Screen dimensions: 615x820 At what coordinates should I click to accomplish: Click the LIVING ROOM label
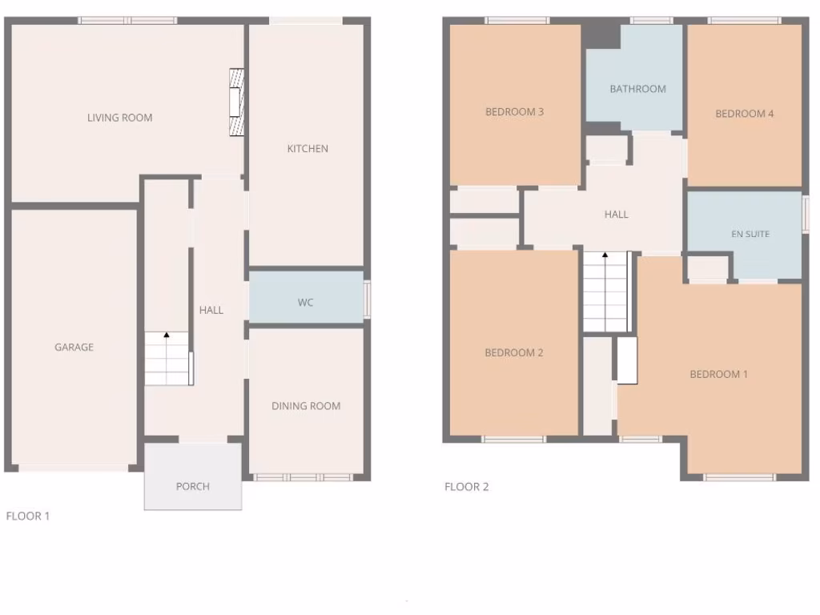click(119, 118)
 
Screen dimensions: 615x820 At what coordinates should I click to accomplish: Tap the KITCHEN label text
click(307, 149)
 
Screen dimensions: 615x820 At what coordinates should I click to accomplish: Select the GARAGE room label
click(74, 348)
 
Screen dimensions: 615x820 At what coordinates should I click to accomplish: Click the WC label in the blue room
click(305, 303)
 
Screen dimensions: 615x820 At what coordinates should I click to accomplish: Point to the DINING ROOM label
click(306, 406)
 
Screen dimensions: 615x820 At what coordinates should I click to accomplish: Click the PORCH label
click(192, 486)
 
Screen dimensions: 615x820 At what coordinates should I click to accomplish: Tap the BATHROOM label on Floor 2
click(637, 89)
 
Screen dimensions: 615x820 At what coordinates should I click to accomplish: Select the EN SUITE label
click(750, 234)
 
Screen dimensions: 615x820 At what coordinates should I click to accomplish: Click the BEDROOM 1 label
click(718, 374)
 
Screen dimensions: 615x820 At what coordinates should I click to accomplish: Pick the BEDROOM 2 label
click(514, 353)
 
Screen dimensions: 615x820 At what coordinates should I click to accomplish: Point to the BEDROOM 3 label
click(514, 112)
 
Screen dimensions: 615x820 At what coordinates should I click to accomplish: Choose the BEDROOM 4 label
click(744, 114)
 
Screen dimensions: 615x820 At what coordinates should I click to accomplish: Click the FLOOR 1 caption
click(28, 517)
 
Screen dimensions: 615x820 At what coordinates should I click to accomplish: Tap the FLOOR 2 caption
click(466, 487)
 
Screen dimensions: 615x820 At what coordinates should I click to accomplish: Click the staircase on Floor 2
click(605, 291)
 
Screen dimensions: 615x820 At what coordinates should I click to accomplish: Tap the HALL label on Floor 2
click(616, 215)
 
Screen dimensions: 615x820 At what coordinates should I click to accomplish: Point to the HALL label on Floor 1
click(211, 310)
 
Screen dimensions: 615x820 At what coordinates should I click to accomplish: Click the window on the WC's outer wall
click(368, 298)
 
